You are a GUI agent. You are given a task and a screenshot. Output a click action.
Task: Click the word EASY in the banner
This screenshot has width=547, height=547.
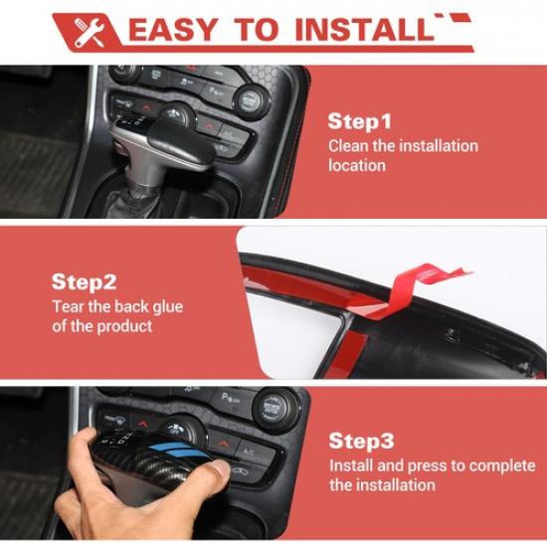[173, 30]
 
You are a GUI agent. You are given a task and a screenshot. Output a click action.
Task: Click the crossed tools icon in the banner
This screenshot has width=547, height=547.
[90, 33]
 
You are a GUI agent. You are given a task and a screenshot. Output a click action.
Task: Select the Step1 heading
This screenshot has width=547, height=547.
[359, 121]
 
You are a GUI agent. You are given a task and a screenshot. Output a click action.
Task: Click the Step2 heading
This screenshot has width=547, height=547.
[84, 281]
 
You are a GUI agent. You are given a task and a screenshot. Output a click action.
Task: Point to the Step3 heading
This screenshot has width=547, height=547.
[361, 441]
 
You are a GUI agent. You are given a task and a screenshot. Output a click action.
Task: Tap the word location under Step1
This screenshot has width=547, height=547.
[357, 165]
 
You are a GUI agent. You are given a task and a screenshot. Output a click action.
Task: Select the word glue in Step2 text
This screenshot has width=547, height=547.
[168, 307]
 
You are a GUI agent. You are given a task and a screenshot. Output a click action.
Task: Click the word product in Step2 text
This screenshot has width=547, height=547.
[124, 327]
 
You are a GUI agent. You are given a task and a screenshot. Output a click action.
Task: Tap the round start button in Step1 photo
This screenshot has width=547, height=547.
[250, 100]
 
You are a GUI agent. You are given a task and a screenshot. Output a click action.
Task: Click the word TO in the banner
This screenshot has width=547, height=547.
[257, 30]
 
